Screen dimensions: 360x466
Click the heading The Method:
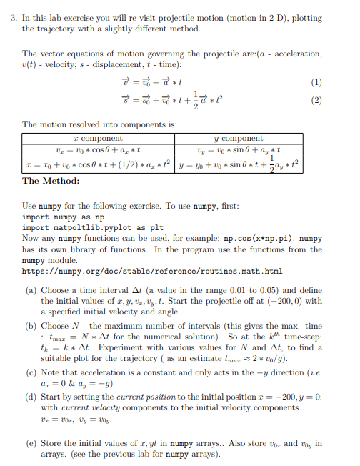tap(52, 181)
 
